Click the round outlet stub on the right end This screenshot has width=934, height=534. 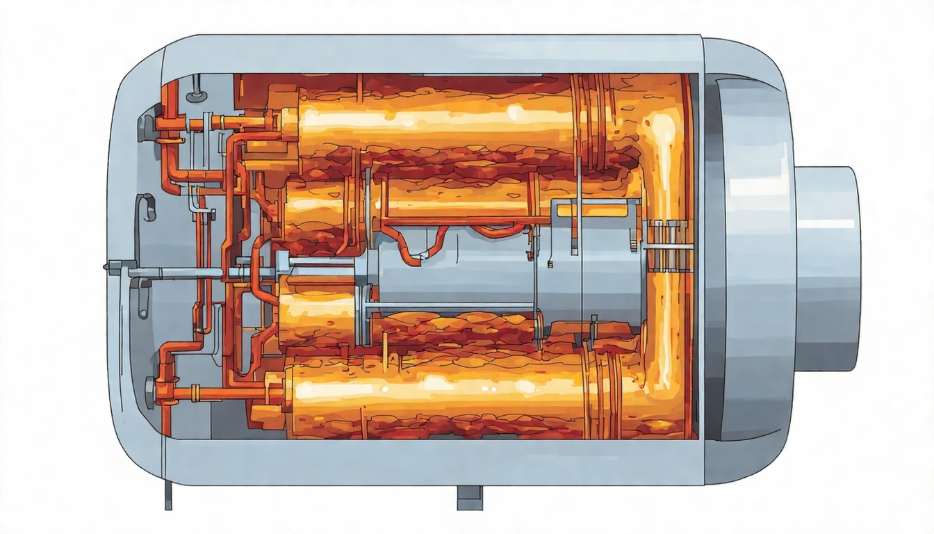pyautogui.click(x=827, y=268)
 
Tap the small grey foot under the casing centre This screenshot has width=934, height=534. pyautogui.click(x=469, y=496)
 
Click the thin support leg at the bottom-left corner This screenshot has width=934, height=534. pyautogui.click(x=167, y=495)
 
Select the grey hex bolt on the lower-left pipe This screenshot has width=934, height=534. pyautogui.click(x=150, y=384)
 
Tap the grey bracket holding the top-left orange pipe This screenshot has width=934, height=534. pyautogui.click(x=147, y=127)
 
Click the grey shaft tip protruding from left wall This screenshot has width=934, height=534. pyautogui.click(x=111, y=266)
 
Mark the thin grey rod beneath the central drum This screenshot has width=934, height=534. pyautogui.click(x=445, y=307)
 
